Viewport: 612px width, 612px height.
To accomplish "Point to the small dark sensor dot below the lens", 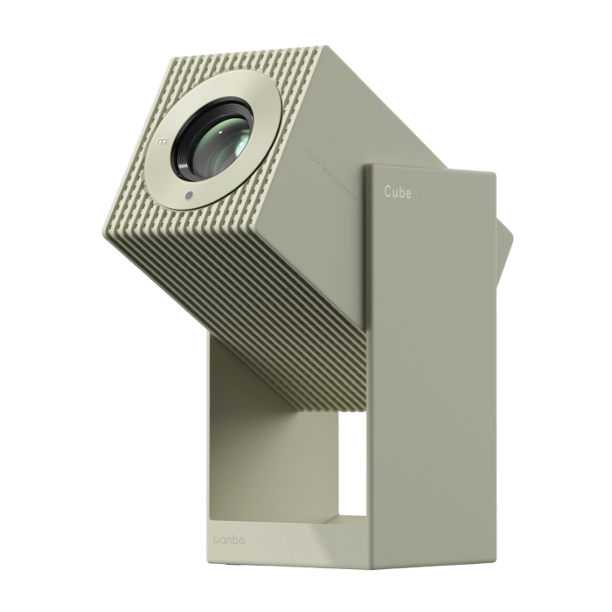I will click(x=187, y=195).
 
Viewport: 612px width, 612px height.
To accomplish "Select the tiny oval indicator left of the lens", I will click(x=161, y=140).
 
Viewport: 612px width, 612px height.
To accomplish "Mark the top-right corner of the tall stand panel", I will click(x=495, y=173).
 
